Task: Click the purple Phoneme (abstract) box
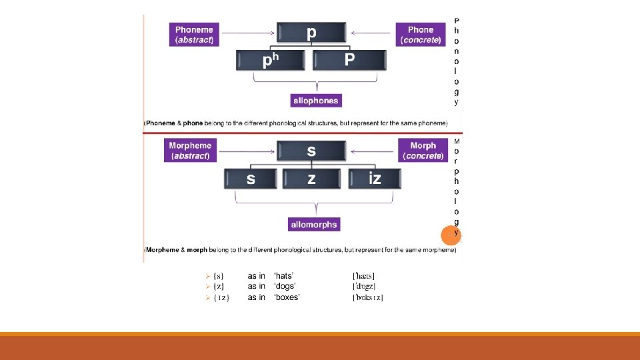coord(194,35)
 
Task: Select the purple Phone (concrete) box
coord(421,35)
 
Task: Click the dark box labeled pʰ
coord(270,61)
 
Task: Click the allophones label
coord(315,101)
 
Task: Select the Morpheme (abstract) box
coord(190,151)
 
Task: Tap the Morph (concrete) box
coord(423,151)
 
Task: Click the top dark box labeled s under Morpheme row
coord(311,151)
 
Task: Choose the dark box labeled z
coord(311,179)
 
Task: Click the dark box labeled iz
coord(375,179)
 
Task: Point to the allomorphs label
coord(314,225)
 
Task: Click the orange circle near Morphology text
coord(451,235)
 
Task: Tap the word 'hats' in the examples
coord(284,276)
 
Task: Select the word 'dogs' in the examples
coord(285,287)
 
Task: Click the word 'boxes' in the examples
coord(287,297)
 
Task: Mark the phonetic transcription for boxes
coord(367,297)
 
